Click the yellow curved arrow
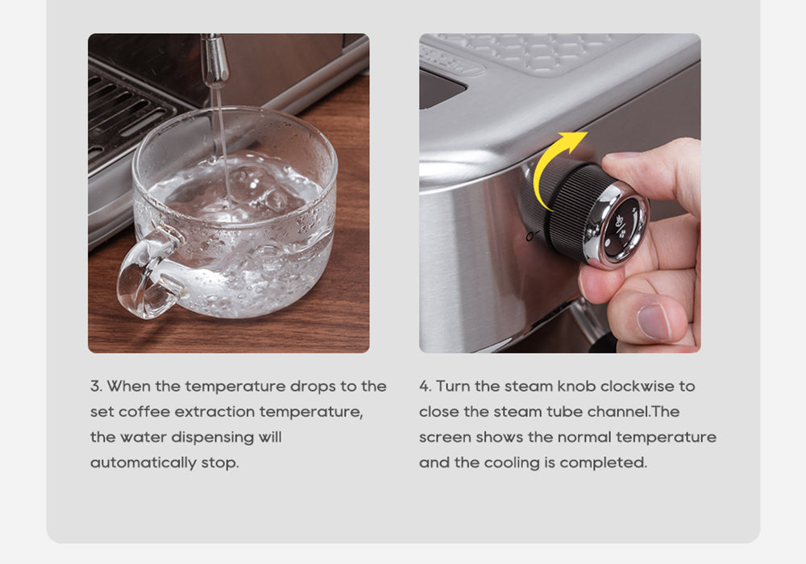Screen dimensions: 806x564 point(553,165)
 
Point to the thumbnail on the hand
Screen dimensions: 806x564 point(654,322)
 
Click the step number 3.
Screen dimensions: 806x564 point(96,386)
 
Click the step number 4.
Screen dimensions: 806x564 point(426,386)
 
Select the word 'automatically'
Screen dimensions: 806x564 point(143,462)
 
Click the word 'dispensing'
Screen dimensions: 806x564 point(212,438)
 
